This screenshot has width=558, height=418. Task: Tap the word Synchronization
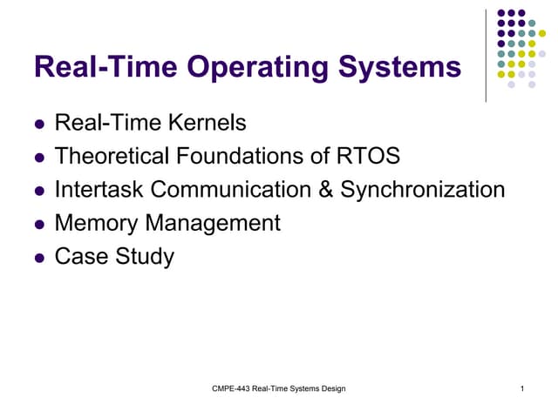coord(422,190)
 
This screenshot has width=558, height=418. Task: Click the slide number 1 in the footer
coord(521,388)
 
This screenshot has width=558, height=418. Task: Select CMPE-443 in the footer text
coord(230,388)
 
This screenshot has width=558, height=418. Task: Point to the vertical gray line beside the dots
coord(487,54)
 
